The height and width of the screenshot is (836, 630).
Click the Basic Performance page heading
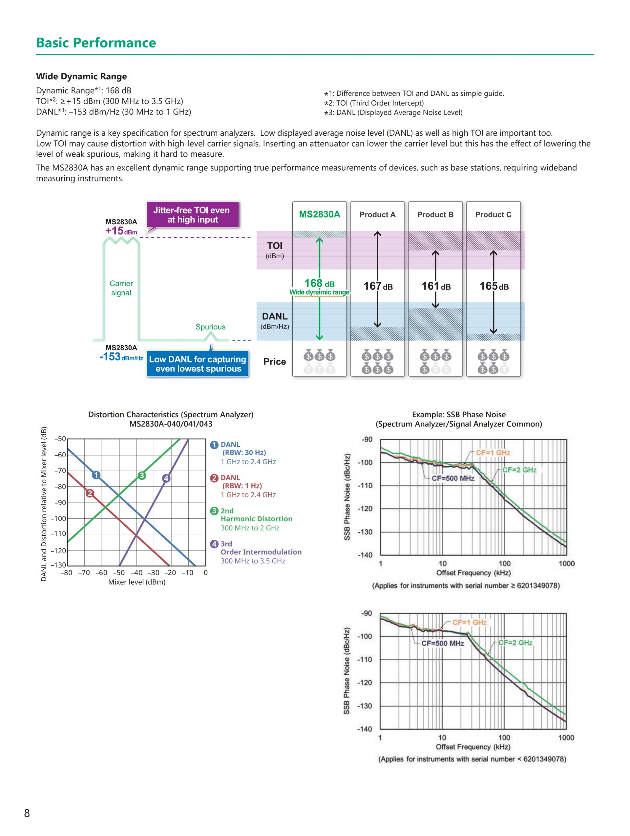pyautogui.click(x=96, y=43)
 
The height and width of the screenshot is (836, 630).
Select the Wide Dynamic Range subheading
pyautogui.click(x=81, y=76)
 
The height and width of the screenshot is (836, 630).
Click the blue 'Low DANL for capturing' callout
pyautogui.click(x=198, y=364)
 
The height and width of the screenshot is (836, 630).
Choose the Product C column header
pyautogui.click(x=493, y=215)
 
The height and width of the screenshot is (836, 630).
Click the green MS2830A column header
pyautogui.click(x=319, y=215)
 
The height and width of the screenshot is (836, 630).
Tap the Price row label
pyautogui.click(x=275, y=362)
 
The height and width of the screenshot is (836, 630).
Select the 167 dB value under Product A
pyautogui.click(x=378, y=286)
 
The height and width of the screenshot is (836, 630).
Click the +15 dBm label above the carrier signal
pyautogui.click(x=121, y=231)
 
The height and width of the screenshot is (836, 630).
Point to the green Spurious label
pyautogui.click(x=210, y=327)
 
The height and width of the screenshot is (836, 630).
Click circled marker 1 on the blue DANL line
pyautogui.click(x=96, y=475)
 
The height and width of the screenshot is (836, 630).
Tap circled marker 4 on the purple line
pyautogui.click(x=166, y=478)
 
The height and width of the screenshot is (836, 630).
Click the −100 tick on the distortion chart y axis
pyautogui.click(x=60, y=519)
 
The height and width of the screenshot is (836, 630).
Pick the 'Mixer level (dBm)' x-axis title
pyautogui.click(x=137, y=582)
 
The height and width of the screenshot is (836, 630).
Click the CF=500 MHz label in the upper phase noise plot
pyautogui.click(x=452, y=478)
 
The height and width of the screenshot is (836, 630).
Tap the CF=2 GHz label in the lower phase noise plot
pyautogui.click(x=515, y=643)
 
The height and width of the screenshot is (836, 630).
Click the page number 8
pyautogui.click(x=27, y=813)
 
